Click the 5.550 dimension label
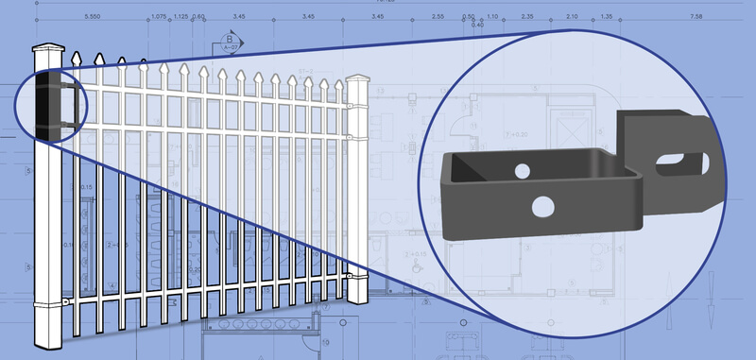[94, 18]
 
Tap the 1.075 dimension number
[159, 18]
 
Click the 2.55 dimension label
[437, 18]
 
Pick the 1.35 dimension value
[605, 18]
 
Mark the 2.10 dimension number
[571, 18]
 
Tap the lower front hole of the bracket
[543, 206]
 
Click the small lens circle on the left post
[53, 102]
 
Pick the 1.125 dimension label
[181, 18]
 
